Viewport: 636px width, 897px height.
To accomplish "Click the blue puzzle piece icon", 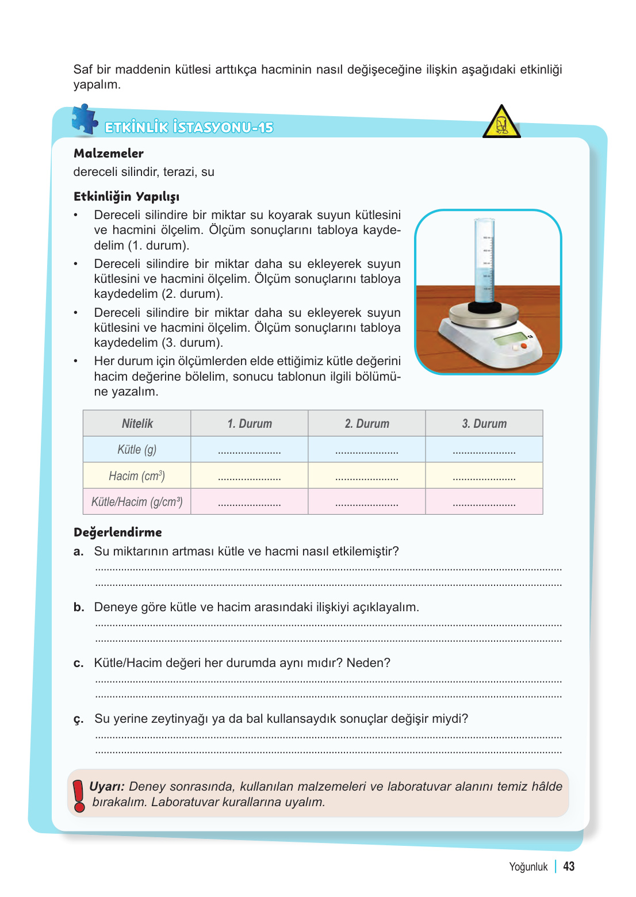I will [x=85, y=120].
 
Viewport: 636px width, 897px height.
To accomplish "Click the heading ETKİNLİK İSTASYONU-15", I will [x=189, y=128].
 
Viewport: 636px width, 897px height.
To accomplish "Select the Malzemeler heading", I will [x=109, y=154].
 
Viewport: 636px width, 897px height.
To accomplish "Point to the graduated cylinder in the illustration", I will [x=485, y=262].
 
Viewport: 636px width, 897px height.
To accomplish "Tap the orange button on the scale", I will [x=523, y=346].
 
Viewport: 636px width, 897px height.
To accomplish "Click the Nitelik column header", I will [x=137, y=424].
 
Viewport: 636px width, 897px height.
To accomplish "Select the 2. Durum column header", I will [x=367, y=424].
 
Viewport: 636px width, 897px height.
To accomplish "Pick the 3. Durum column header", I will [x=484, y=424].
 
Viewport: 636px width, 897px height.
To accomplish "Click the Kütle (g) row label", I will [x=137, y=450].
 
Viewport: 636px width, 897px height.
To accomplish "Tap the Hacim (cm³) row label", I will [x=137, y=476].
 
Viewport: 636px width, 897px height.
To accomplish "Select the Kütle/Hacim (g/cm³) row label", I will [x=137, y=502].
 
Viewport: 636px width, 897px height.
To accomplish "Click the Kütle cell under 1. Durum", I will [x=250, y=450].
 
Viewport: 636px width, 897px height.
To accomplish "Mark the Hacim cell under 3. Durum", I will [x=484, y=476].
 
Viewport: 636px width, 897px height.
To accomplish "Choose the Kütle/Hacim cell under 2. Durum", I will [x=367, y=502].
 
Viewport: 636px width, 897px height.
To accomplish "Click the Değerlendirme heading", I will [x=118, y=532].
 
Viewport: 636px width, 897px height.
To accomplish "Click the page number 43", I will [x=569, y=867].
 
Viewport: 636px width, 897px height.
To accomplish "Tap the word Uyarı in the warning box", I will [x=106, y=787].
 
